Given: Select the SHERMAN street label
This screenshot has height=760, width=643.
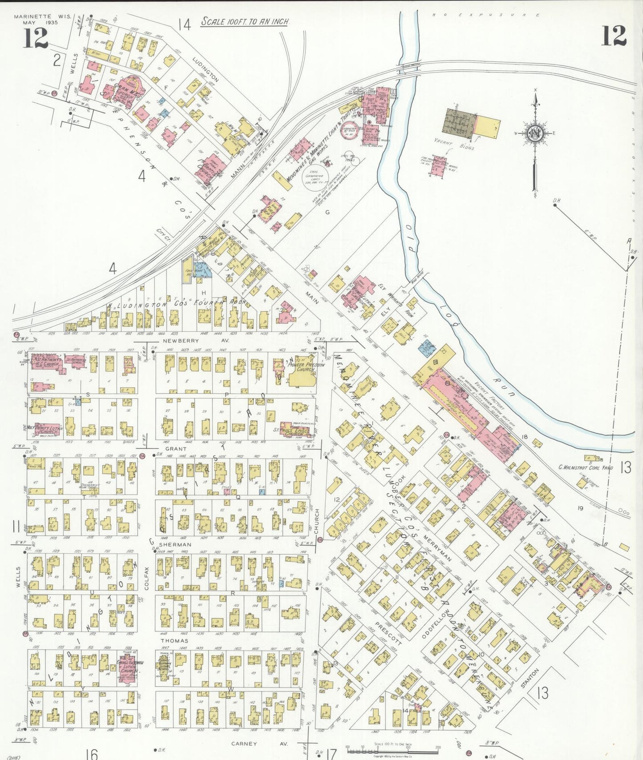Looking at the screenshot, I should [175, 544].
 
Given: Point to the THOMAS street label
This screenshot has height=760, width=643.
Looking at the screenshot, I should [174, 641].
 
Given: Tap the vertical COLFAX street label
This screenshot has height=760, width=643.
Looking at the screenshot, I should [147, 578].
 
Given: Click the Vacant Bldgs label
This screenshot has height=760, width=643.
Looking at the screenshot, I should [454, 145].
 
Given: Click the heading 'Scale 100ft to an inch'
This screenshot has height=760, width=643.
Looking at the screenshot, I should [245, 21].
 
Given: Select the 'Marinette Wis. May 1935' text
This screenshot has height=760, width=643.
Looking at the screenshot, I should [36, 19].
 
